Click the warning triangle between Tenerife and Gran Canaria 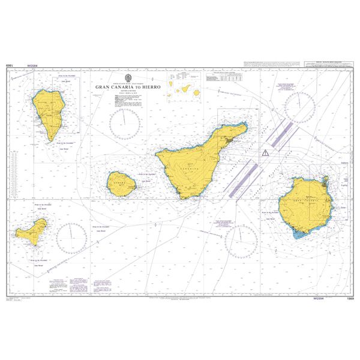pyautogui.click(x=264, y=153)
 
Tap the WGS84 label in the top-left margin pyautogui.click(x=33, y=65)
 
